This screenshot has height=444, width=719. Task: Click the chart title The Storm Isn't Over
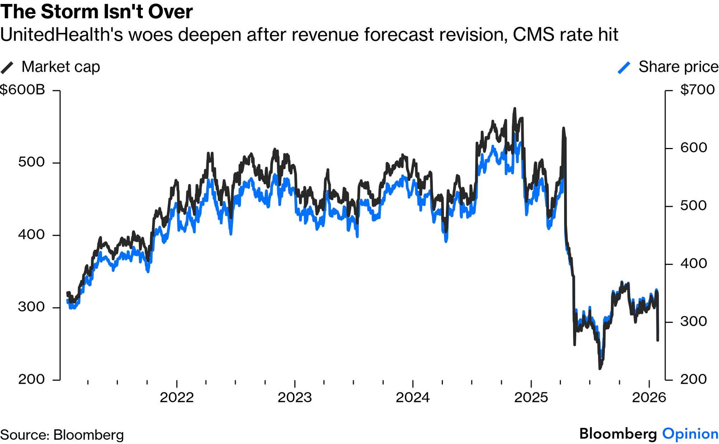pyautogui.click(x=96, y=11)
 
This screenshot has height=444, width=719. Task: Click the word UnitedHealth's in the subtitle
pyautogui.click(x=61, y=35)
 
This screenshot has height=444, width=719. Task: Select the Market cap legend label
pyautogui.click(x=61, y=67)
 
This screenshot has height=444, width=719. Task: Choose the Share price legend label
pyautogui.click(x=678, y=67)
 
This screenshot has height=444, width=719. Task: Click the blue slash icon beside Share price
pyautogui.click(x=624, y=68)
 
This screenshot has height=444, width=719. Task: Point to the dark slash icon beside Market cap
pyautogui.click(x=7, y=68)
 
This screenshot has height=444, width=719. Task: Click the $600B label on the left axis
pyautogui.click(x=22, y=90)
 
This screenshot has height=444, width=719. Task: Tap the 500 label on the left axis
pyautogui.click(x=31, y=162)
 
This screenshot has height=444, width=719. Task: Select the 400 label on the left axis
pyautogui.click(x=31, y=234)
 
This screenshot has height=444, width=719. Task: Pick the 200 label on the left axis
pyautogui.click(x=31, y=379)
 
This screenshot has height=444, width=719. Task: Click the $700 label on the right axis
pyautogui.click(x=697, y=90)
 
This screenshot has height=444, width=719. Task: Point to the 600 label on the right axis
pyautogui.click(x=694, y=148)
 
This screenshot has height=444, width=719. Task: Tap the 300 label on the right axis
pyautogui.click(x=694, y=321)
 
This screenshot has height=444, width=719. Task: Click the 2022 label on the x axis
pyautogui.click(x=176, y=397)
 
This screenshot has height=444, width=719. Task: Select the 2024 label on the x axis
pyautogui.click(x=412, y=397)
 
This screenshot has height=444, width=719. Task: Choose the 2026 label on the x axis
pyautogui.click(x=649, y=397)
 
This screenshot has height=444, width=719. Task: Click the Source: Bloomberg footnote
pyautogui.click(x=62, y=435)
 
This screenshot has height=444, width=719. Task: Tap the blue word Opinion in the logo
pyautogui.click(x=690, y=434)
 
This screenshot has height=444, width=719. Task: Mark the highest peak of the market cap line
pyautogui.click(x=515, y=109)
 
